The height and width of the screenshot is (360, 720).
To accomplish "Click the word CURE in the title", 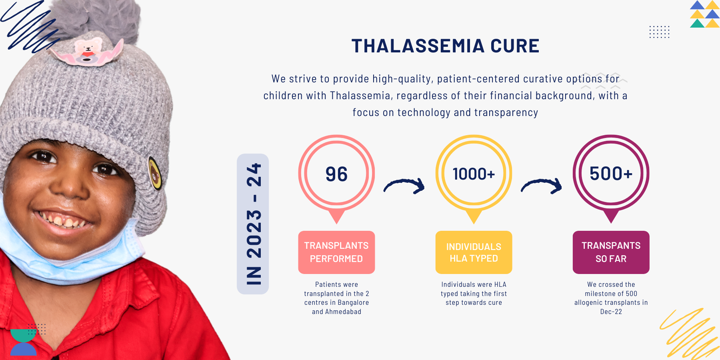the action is click(x=515, y=46).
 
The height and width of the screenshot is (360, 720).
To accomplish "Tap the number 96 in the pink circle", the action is click(x=336, y=174).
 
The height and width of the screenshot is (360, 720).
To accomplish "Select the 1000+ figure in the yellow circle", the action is click(x=474, y=174).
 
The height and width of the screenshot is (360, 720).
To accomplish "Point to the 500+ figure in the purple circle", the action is click(x=611, y=174).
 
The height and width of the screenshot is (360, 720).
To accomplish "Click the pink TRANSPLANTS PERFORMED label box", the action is click(x=336, y=252).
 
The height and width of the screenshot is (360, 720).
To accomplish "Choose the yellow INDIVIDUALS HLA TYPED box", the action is click(x=474, y=252).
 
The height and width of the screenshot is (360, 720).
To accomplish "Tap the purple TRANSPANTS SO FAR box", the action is click(x=611, y=252).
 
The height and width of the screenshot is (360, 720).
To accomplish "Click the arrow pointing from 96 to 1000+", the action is click(x=404, y=183).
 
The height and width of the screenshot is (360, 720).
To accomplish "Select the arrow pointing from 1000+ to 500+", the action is click(x=541, y=183).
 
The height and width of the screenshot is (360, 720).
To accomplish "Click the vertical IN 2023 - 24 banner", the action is click(x=253, y=224).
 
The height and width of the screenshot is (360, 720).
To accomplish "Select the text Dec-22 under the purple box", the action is click(x=611, y=312).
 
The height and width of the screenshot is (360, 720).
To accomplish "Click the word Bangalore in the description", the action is click(x=353, y=303).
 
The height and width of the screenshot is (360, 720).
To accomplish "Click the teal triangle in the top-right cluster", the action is click(x=697, y=23).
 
